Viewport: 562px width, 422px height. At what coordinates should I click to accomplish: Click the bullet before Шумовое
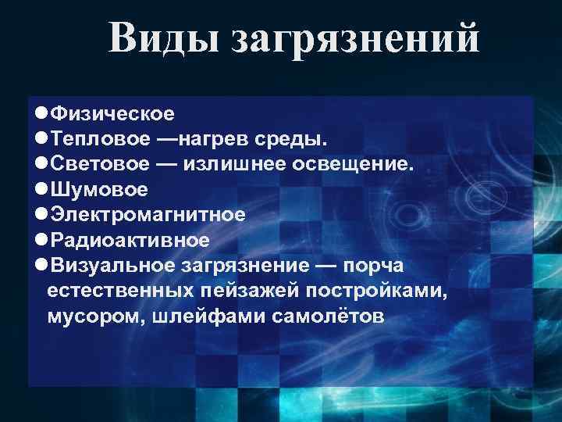(x=41, y=189)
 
